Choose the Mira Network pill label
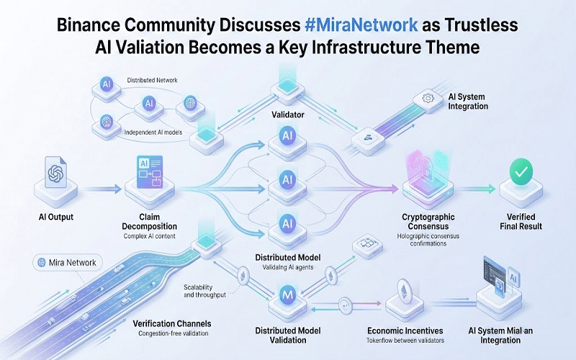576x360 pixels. tap(69, 262)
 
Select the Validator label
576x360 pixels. tap(287, 114)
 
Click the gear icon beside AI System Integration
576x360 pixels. tap(427, 97)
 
